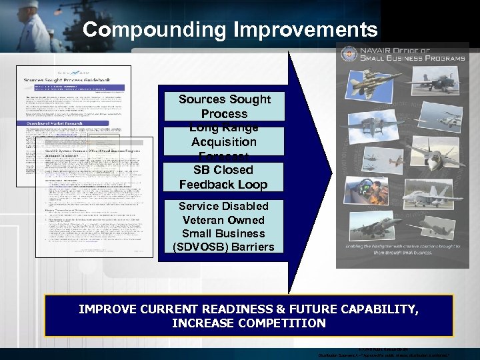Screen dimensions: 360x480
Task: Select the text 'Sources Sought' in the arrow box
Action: point(224,99)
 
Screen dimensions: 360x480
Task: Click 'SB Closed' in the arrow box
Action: point(223,170)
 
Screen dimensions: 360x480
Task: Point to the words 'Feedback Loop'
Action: point(223,185)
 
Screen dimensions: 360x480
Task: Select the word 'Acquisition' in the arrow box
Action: point(223,142)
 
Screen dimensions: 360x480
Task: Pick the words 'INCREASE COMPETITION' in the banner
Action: point(249,323)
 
